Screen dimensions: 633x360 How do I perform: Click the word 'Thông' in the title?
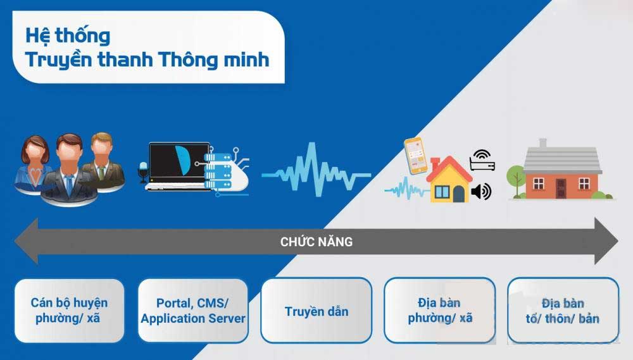tap(188, 59)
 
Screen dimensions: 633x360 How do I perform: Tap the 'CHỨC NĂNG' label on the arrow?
tap(316, 241)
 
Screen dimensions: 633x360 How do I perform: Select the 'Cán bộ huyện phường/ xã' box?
tap(70, 311)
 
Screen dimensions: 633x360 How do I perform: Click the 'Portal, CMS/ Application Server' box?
tap(193, 311)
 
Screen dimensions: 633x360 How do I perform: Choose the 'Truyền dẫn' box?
tap(316, 311)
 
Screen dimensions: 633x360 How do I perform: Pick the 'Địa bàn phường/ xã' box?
tap(440, 311)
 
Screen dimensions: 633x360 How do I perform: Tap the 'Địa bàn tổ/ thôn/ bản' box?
tap(563, 311)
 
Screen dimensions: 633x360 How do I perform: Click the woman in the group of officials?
tap(33, 163)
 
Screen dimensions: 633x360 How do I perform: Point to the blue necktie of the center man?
tap(69, 185)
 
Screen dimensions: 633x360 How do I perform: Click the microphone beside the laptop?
tap(143, 171)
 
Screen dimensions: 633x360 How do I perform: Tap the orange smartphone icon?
tap(416, 156)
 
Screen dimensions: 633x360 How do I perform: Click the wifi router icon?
tap(482, 160)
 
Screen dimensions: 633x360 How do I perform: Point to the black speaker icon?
tap(481, 191)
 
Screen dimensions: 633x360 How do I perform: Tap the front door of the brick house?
tap(561, 189)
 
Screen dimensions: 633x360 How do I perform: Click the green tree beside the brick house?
tap(515, 180)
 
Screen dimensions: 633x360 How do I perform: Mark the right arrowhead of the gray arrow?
tap(606, 241)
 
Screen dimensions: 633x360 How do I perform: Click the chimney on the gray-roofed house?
tap(543, 143)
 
